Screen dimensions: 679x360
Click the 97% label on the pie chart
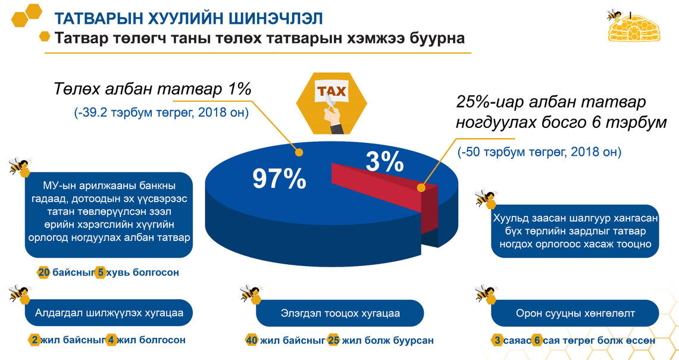(x=279, y=179)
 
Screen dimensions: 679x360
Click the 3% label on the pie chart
(x=384, y=161)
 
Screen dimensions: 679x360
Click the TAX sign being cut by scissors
(x=331, y=92)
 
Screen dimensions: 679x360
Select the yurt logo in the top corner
(x=628, y=27)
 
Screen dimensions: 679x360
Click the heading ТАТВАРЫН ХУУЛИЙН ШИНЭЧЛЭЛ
(x=189, y=20)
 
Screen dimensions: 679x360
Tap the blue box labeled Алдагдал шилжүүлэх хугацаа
(x=109, y=313)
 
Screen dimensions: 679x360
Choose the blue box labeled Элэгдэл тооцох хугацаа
(x=340, y=313)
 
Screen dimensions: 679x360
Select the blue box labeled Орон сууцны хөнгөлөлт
(x=575, y=313)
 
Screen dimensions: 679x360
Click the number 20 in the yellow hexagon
(x=43, y=273)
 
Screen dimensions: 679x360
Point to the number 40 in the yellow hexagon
(x=252, y=340)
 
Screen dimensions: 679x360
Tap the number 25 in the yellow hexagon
(x=333, y=340)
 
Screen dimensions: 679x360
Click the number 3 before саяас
(x=497, y=340)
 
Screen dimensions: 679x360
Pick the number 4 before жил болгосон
(x=111, y=340)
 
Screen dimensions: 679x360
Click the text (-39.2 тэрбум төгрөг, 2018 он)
(x=161, y=112)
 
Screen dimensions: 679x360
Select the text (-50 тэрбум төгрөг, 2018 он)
(x=540, y=152)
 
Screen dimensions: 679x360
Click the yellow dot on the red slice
(x=421, y=187)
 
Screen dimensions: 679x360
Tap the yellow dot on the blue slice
(x=298, y=152)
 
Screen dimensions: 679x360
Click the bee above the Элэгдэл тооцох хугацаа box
(x=250, y=293)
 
